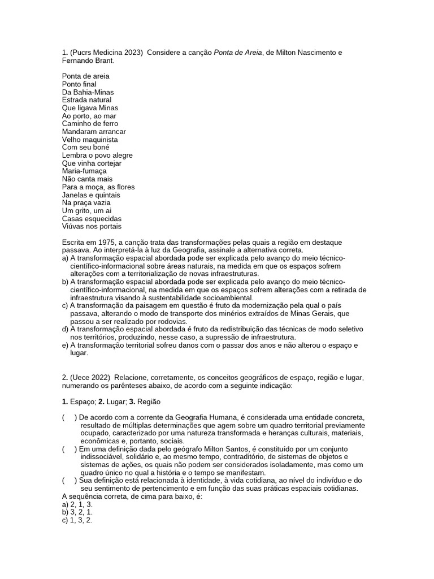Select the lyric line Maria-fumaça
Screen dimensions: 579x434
pos(84,171)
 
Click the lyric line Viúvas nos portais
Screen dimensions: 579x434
pos(92,226)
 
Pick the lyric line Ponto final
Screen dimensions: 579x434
pos(79,84)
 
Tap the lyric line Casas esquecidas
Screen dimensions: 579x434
pos(92,218)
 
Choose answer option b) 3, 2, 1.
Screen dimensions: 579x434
pos(77,512)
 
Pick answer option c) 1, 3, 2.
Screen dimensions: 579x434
pos(77,520)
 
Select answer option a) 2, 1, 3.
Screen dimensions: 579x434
pos(77,504)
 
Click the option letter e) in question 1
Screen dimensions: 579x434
pos(65,345)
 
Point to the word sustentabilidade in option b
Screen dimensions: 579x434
pos(162,297)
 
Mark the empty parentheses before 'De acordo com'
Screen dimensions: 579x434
pos(69,417)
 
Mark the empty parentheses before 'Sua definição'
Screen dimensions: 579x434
pos(69,480)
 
